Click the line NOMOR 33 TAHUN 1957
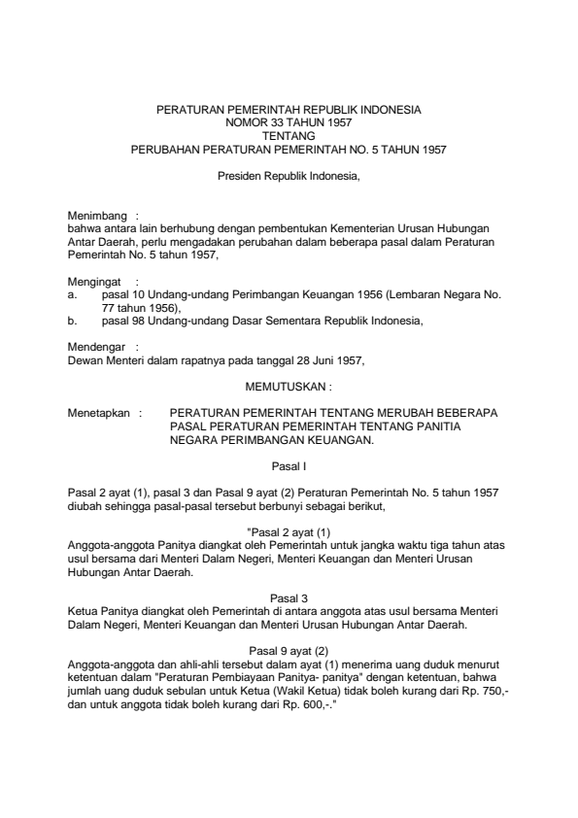[x=289, y=124]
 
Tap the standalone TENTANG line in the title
[x=289, y=137]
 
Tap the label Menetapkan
[x=99, y=412]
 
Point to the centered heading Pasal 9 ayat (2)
[x=289, y=650]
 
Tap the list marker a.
[x=71, y=291]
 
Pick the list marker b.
[x=71, y=317]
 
